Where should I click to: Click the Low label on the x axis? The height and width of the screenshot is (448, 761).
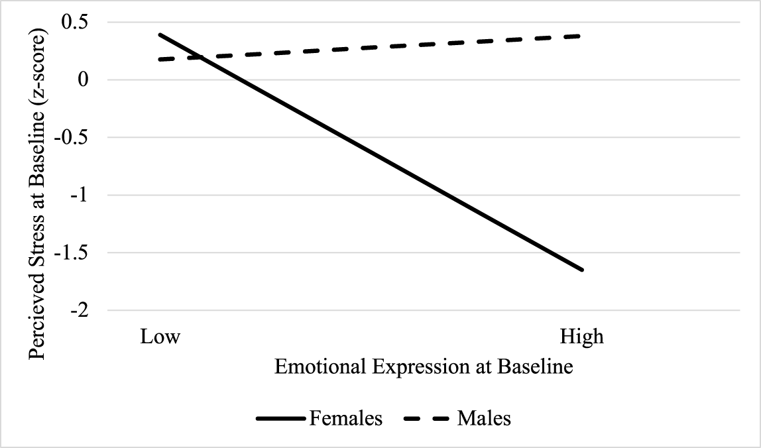coord(160,337)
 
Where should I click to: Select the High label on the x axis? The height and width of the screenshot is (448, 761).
coord(582,337)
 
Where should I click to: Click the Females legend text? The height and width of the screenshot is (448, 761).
coord(345,419)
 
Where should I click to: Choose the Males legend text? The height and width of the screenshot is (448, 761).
coord(484,419)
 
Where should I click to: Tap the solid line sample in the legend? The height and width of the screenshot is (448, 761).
coord(279,419)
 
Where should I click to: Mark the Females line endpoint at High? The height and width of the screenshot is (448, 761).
coord(583,270)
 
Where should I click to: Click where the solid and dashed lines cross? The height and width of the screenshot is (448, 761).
coord(189,57)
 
